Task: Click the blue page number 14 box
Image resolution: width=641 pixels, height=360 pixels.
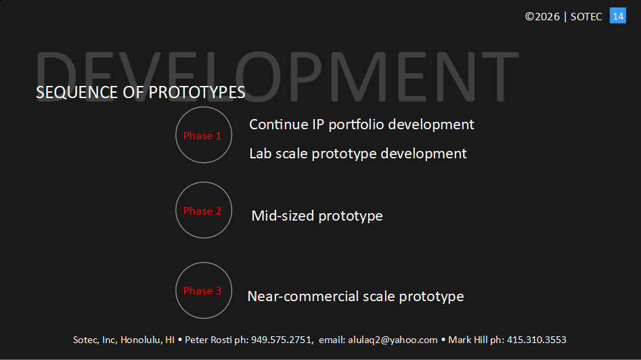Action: point(618,16)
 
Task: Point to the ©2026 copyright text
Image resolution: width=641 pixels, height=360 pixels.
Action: point(542,16)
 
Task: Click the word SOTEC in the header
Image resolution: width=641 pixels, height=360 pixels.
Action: point(586,17)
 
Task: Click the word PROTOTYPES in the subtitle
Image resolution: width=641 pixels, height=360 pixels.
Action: point(197,92)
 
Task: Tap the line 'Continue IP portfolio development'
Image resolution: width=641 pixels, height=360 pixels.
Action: point(361,125)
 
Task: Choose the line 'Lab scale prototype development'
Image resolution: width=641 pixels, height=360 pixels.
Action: point(357,154)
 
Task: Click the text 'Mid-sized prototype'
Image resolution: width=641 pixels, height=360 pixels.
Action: point(317,216)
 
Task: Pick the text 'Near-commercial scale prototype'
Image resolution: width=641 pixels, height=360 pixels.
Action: point(355,296)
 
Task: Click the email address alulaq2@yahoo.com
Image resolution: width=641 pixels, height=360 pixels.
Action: point(393,340)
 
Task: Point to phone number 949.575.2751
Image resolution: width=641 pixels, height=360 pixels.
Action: point(282,340)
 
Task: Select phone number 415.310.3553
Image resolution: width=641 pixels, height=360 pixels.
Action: point(536,340)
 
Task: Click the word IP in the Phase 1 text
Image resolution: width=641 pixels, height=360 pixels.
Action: point(318,125)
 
